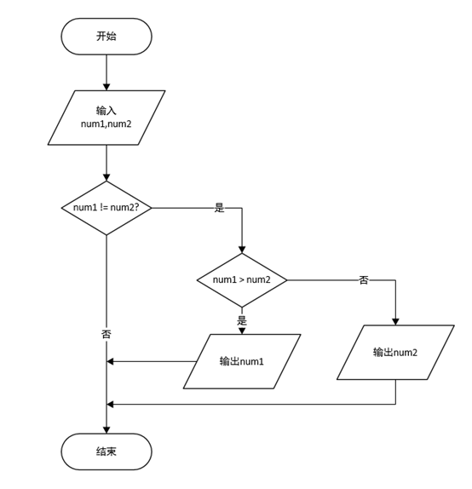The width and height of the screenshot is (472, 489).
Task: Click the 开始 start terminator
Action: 106,37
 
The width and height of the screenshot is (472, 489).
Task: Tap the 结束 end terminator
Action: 106,452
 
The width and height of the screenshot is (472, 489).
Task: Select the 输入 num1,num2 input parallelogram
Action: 106,118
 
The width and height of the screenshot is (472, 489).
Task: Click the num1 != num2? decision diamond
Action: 106,208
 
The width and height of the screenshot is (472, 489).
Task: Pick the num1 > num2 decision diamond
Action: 242,280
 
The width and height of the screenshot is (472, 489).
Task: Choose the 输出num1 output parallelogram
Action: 242,361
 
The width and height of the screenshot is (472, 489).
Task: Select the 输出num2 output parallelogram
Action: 395,353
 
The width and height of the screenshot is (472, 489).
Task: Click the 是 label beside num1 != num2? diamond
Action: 219,208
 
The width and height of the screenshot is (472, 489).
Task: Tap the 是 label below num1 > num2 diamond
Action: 242,320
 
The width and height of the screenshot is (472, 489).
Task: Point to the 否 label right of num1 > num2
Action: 364,280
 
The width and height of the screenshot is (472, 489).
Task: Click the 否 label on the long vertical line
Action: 106,334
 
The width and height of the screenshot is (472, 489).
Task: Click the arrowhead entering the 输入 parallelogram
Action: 106,87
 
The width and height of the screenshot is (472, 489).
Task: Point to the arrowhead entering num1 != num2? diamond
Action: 106,177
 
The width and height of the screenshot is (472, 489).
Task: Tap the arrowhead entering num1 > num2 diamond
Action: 242,250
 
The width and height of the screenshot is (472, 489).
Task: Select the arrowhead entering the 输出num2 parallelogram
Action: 395,322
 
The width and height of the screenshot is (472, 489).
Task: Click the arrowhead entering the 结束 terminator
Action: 106,429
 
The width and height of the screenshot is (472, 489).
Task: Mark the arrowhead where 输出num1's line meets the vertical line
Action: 110,361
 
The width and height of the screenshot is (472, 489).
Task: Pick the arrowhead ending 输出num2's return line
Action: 110,405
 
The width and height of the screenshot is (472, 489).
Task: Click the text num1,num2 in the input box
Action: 106,124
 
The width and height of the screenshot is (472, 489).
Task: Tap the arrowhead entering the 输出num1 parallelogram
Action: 242,331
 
